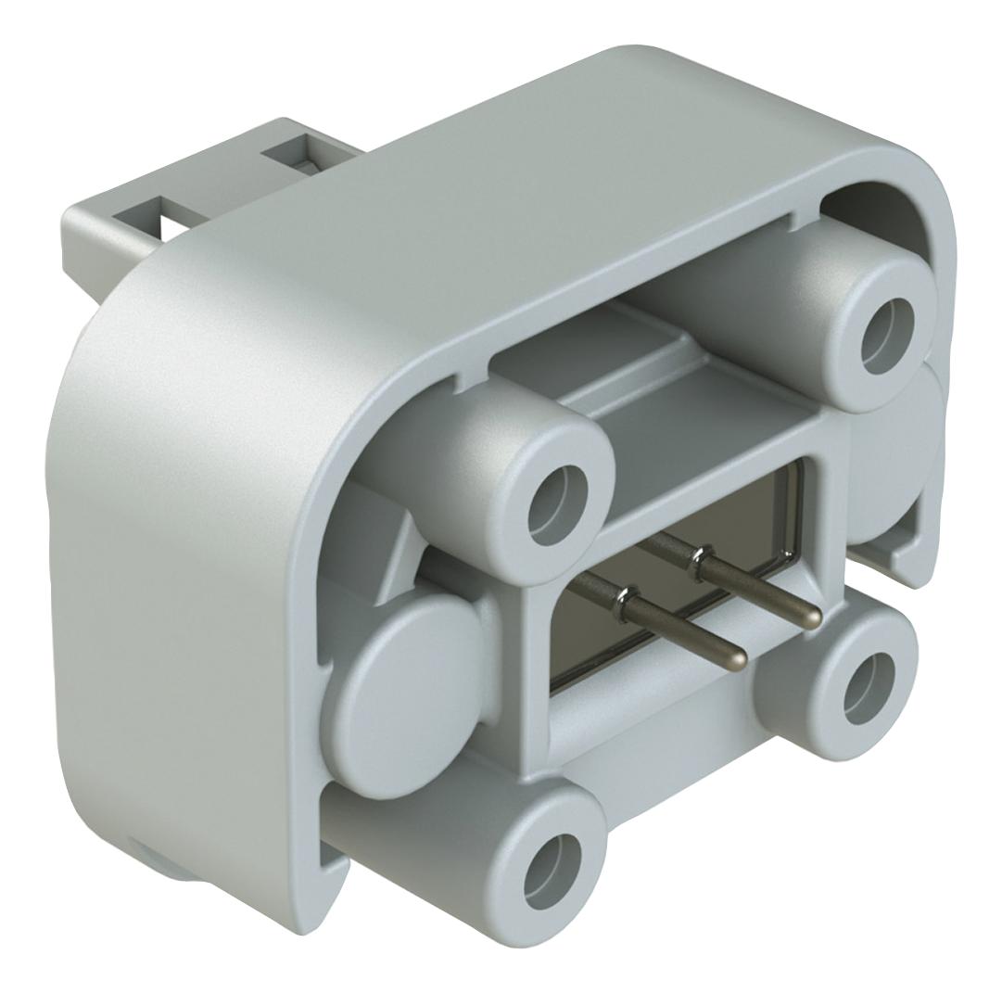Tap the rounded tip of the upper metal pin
point(811,617)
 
